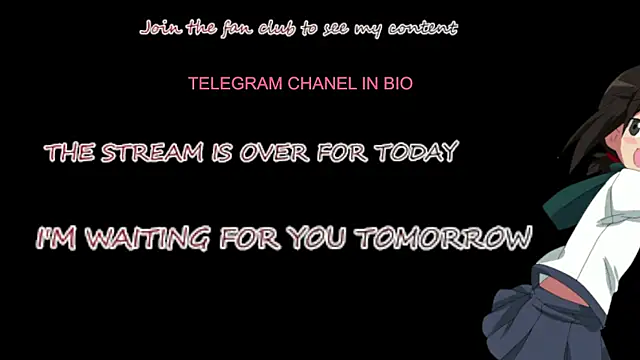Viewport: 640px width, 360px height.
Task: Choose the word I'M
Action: click(x=58, y=240)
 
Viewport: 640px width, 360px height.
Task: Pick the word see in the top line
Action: click(x=333, y=28)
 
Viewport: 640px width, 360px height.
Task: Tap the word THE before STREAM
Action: click(x=71, y=153)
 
